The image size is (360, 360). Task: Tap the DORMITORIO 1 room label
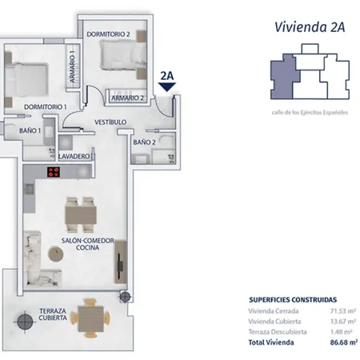coord(44,106)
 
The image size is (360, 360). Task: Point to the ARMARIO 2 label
coord(127,98)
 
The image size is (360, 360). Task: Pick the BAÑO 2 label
coord(144,142)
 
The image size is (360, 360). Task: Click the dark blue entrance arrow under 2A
coord(168,90)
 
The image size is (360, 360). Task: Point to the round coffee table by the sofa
coord(58,254)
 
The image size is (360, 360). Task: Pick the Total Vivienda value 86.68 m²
coord(342,342)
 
